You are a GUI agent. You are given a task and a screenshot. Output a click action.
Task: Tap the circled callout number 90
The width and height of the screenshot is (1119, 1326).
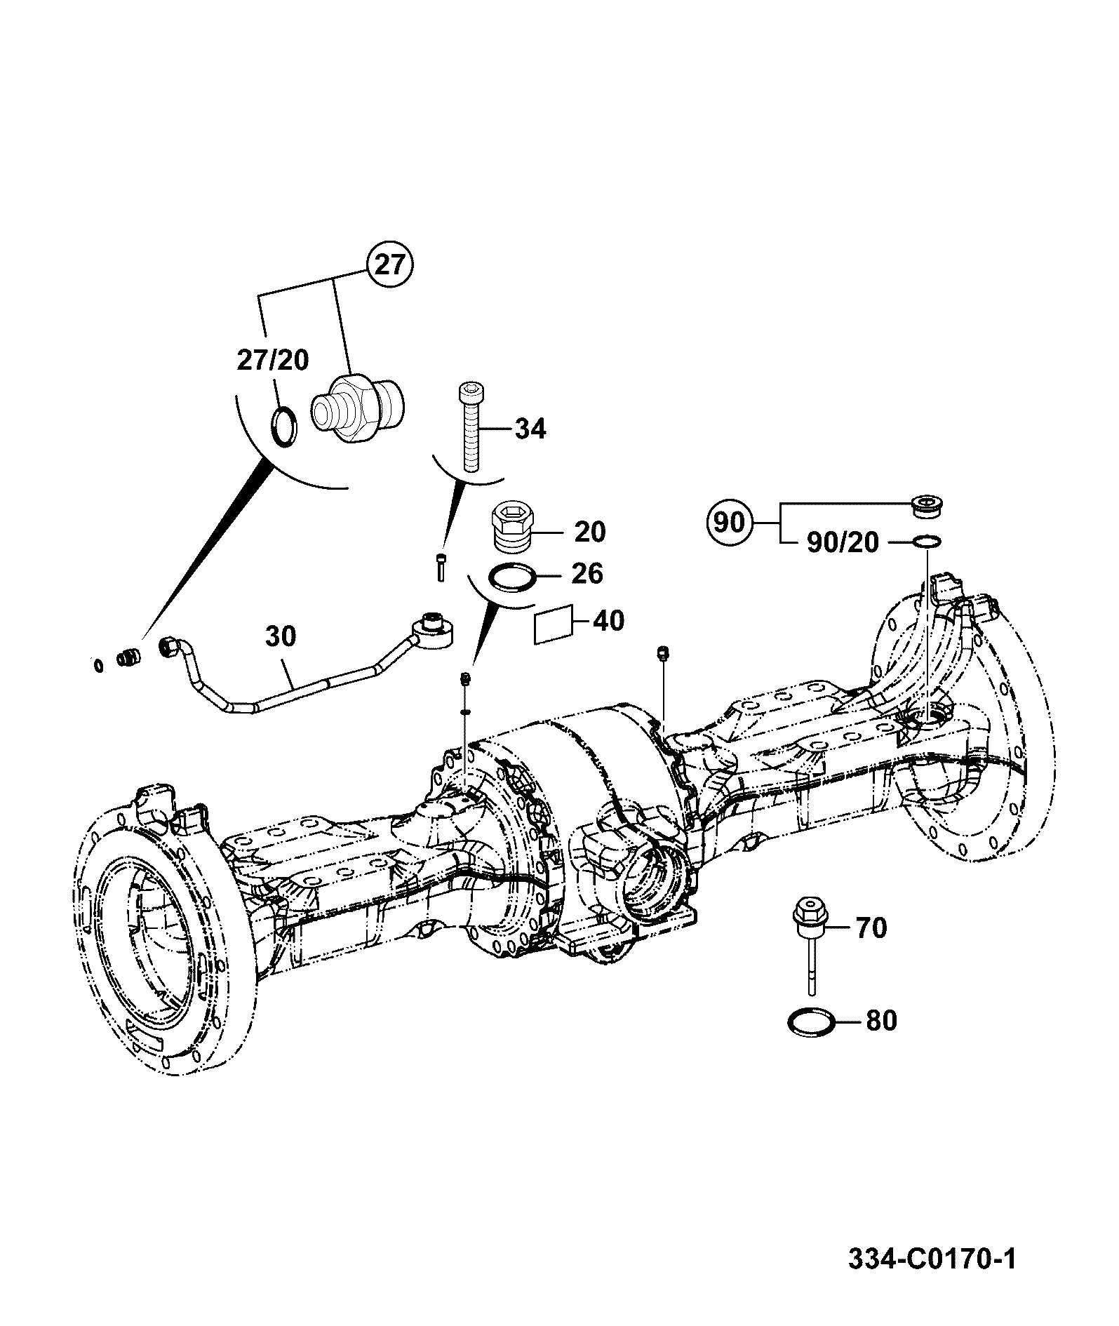729,523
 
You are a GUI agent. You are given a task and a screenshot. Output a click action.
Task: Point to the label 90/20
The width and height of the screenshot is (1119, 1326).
843,542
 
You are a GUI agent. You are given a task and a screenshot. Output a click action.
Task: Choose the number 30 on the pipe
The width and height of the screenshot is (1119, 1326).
281,636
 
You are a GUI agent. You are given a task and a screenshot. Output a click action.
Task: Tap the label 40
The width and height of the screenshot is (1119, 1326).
608,620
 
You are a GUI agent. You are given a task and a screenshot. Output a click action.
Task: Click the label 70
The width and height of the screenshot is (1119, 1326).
871,927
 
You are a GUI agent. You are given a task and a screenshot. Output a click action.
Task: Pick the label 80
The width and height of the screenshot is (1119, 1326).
881,1020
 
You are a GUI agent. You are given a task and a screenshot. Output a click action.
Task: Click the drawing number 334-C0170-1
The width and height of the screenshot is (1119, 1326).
932,1259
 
